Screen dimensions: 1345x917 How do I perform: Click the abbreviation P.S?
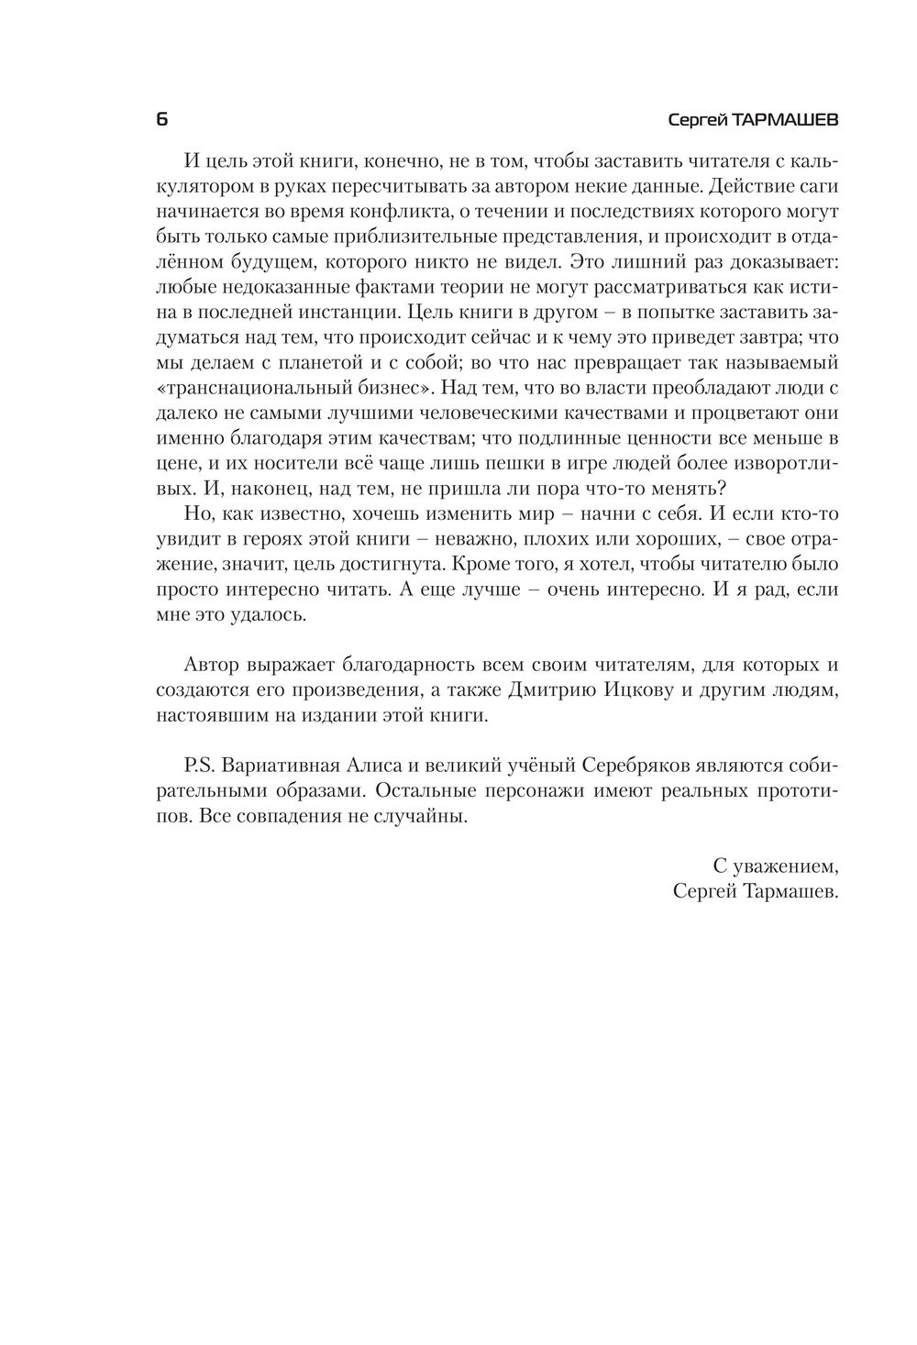[x=200, y=766]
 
